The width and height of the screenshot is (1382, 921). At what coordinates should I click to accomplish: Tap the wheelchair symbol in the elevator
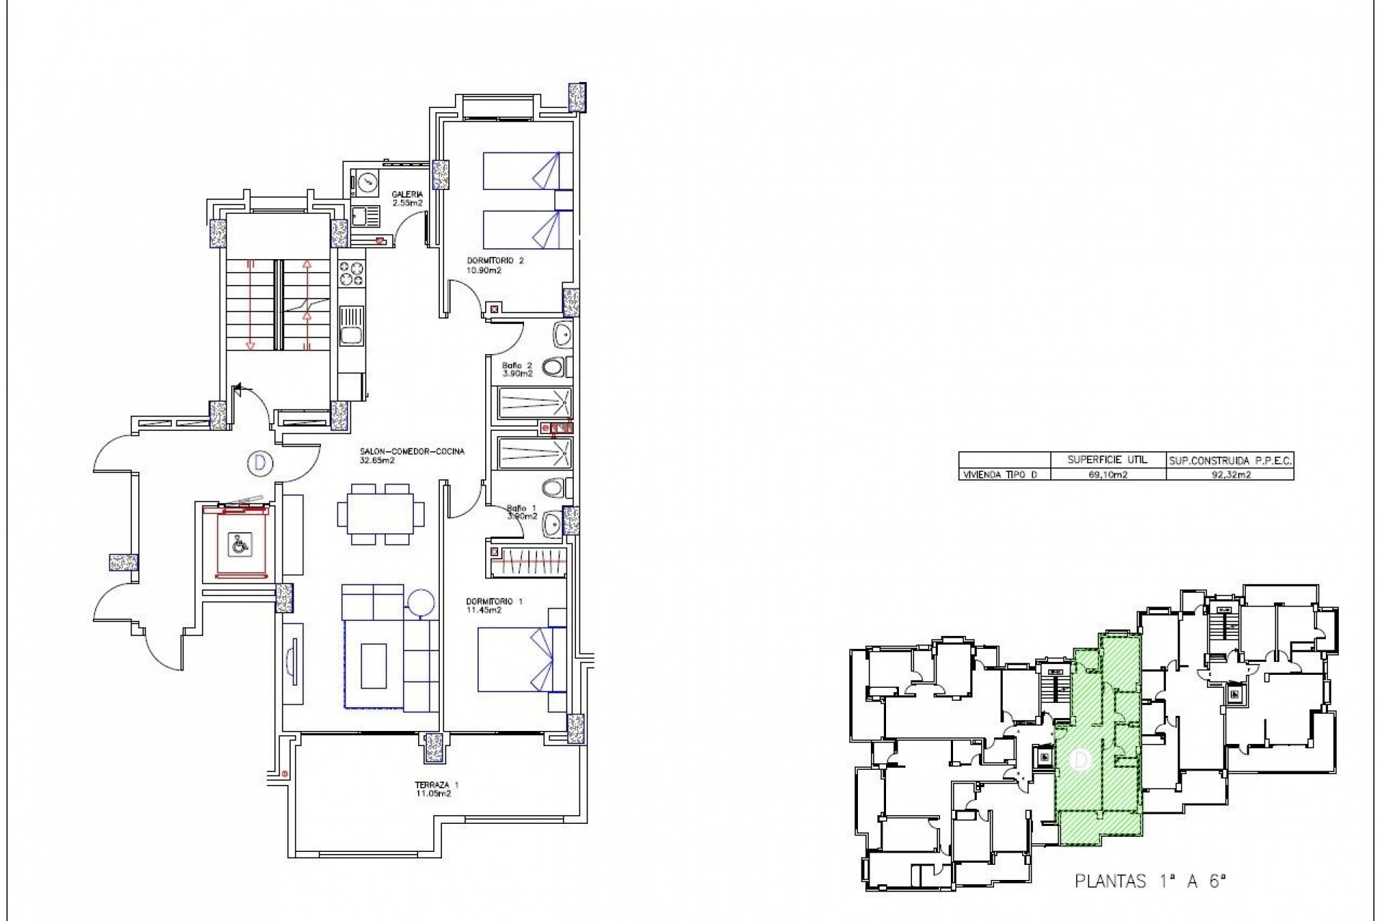point(237,545)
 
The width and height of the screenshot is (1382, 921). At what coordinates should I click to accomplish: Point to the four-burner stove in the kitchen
point(352,273)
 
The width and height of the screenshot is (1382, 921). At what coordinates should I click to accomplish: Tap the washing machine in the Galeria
point(366,183)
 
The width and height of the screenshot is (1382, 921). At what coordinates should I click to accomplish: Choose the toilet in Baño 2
point(555,368)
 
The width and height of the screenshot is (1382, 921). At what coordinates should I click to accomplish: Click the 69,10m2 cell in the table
point(1109,474)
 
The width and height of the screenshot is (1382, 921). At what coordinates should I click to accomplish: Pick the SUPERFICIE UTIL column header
point(1109,460)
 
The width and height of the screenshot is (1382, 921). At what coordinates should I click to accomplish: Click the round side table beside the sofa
point(420,602)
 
